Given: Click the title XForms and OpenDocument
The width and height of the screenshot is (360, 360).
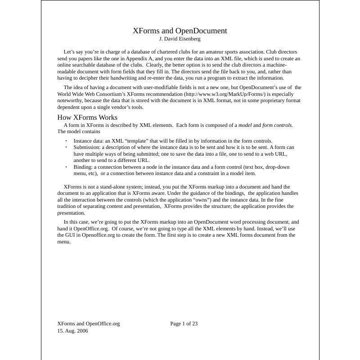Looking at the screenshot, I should point(180,31).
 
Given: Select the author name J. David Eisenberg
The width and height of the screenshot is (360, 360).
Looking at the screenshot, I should point(180,39).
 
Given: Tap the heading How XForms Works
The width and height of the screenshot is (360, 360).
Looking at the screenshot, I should point(87,117).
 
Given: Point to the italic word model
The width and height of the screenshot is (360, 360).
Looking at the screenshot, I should point(245,125).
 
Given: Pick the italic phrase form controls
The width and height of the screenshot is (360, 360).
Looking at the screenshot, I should point(277,125).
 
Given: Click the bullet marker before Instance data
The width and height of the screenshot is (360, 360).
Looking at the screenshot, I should point(66,141).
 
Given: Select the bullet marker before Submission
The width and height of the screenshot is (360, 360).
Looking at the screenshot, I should point(66,147).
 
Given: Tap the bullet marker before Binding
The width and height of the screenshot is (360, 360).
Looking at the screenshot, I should point(66,167).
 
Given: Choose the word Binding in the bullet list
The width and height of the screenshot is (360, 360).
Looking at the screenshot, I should point(83,167).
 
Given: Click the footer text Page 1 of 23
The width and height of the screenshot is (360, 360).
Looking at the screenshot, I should point(184,324).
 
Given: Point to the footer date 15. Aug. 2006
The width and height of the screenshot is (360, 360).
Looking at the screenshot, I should point(72,331).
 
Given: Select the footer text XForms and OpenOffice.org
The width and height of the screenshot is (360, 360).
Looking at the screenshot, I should point(89,324).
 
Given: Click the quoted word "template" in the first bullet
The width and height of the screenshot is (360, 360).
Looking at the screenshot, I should point(133,141).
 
